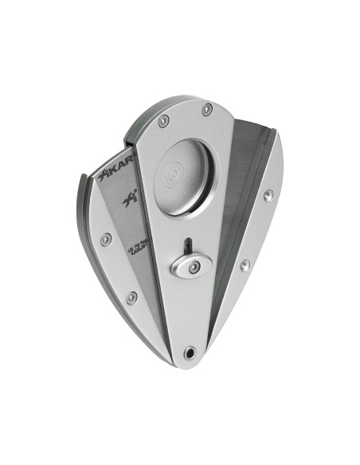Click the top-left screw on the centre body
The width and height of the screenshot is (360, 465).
(x=163, y=121)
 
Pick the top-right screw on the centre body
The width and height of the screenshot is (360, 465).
(x=206, y=109)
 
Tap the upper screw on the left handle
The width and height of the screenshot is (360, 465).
(x=106, y=238)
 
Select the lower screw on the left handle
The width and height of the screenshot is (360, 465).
(x=131, y=297)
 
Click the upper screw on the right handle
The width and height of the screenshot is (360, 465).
(x=268, y=194)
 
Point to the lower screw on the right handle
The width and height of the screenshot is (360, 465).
(x=245, y=265)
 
